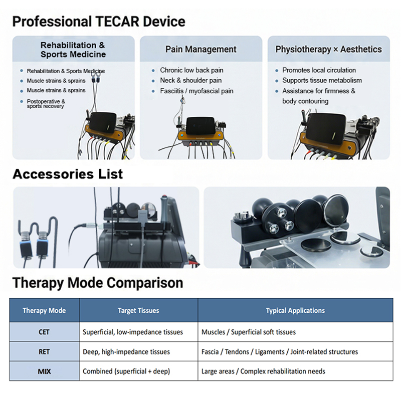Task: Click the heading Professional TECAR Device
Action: coord(99,22)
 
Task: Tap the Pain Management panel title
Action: coord(200,49)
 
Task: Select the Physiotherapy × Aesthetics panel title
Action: coord(328,49)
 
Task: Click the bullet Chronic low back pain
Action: coord(191,70)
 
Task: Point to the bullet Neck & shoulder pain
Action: coord(190,80)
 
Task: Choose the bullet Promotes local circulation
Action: coord(319,70)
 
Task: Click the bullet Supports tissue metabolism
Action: coord(322,80)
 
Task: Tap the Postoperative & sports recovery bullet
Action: coord(46,104)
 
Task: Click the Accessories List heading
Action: coord(68,174)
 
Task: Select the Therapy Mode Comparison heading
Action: coord(98,283)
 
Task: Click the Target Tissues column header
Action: coord(138,311)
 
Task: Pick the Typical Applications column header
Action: coord(295,311)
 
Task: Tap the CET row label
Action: coord(44,332)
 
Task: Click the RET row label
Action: coord(44,352)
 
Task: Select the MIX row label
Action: coord(44,371)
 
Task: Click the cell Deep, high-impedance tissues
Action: coord(126,352)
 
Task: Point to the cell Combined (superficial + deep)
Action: coord(126,371)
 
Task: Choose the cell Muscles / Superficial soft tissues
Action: coord(248,332)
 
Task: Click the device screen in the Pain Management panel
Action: coord(200,124)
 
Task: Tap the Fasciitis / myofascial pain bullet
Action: coord(196,91)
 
